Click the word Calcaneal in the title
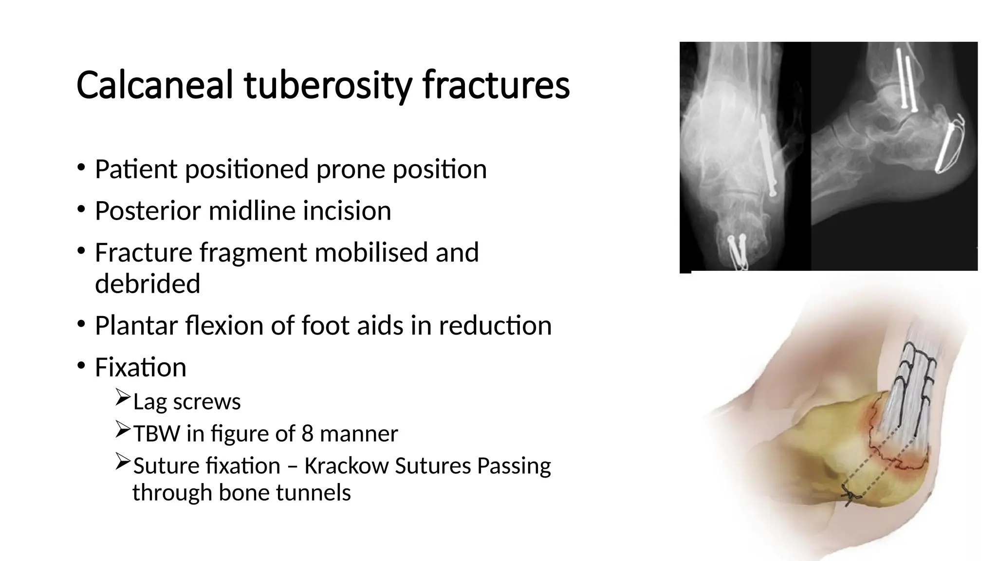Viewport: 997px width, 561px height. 155,85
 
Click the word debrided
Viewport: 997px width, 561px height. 148,284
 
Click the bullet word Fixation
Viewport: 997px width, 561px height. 140,368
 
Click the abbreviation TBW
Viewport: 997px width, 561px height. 156,434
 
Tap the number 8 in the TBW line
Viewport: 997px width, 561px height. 307,434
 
